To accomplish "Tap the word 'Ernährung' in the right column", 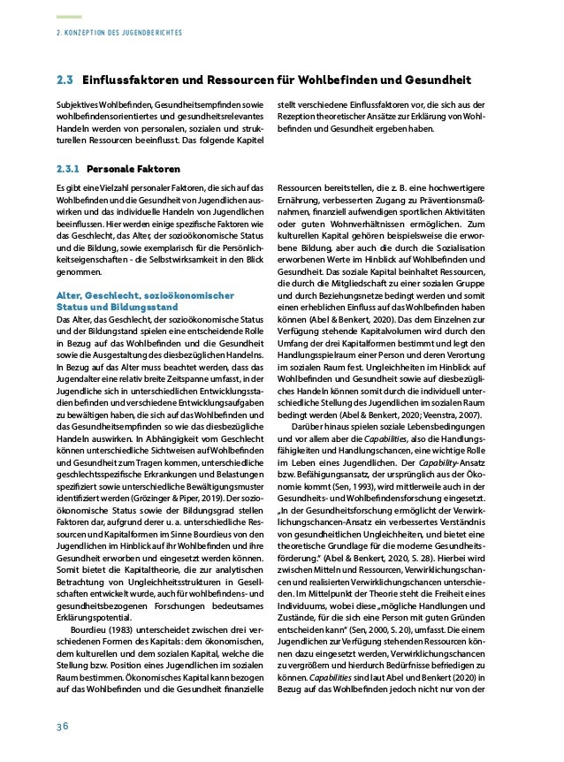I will pyautogui.click(x=302, y=201).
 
